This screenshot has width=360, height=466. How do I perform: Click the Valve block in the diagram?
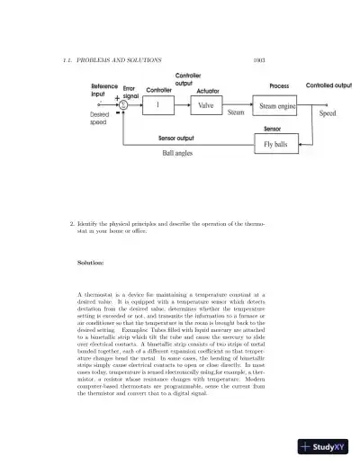(206, 105)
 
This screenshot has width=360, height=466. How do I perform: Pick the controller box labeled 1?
(159, 105)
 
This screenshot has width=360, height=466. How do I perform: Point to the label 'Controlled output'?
(328, 85)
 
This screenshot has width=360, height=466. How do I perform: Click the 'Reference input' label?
(104, 89)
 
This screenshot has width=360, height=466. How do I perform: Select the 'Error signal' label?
(129, 90)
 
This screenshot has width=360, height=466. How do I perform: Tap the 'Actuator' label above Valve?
(209, 91)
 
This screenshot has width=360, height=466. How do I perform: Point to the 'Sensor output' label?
(176, 139)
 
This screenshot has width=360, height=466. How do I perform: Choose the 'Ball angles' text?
(175, 154)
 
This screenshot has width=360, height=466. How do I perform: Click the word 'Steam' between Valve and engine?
(236, 112)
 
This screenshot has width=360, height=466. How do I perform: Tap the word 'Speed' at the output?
(328, 113)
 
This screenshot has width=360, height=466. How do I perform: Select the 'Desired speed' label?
(99, 118)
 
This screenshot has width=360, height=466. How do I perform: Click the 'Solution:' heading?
(91, 263)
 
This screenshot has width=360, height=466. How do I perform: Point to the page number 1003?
(259, 60)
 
